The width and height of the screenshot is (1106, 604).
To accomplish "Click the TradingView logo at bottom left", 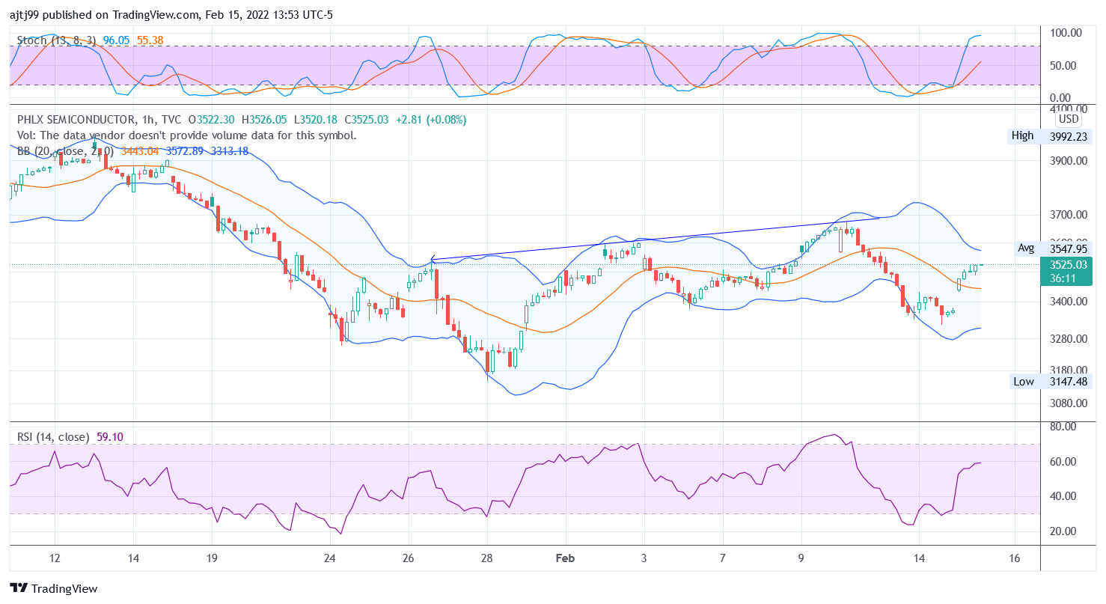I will [x=54, y=589].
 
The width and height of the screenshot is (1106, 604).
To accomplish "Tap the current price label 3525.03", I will [x=1068, y=264].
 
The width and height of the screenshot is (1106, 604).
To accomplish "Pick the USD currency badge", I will [x=1068, y=119].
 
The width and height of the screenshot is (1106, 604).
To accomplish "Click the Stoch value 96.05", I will [x=117, y=40].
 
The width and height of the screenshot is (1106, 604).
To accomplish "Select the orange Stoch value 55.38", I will [x=150, y=40].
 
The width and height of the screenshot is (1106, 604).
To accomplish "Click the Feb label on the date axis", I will [x=565, y=558].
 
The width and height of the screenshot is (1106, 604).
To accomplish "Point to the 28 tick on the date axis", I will [x=487, y=558].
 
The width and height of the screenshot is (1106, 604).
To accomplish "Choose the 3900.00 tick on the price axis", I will [x=1066, y=161].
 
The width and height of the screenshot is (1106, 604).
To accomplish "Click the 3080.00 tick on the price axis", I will [x=1066, y=403].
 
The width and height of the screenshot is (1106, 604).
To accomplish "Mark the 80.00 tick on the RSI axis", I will [x=1063, y=427].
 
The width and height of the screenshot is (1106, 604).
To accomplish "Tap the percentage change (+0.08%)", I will [x=445, y=120].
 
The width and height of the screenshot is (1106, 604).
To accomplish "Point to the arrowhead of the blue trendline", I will [x=432, y=260].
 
